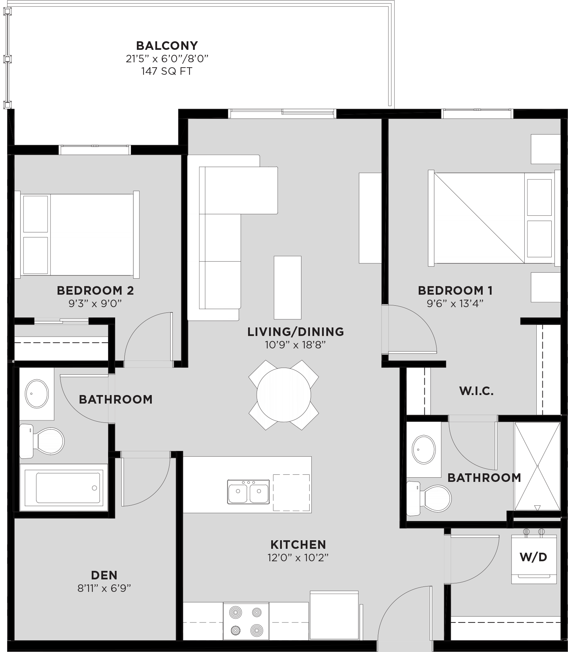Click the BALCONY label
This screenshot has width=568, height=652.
(x=167, y=46)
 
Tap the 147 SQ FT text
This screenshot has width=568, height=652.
(x=167, y=71)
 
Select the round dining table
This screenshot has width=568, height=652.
(x=284, y=395)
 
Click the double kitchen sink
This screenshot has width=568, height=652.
(x=248, y=492)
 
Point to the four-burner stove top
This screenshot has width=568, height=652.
(x=246, y=621)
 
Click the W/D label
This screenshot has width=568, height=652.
(x=534, y=557)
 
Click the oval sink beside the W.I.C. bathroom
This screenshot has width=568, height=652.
(x=424, y=449)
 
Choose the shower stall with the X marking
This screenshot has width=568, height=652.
(x=537, y=466)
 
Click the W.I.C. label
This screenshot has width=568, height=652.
(x=476, y=391)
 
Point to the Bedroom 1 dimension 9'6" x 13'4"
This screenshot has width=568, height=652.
(x=455, y=304)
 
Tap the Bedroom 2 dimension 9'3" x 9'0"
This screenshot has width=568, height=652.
(x=95, y=304)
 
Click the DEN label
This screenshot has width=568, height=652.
(x=104, y=575)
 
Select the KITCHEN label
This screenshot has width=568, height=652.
(x=298, y=545)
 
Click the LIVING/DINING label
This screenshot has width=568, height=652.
(x=295, y=332)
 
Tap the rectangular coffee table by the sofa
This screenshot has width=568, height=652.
(x=287, y=287)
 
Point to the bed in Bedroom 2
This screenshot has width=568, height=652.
(x=77, y=235)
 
